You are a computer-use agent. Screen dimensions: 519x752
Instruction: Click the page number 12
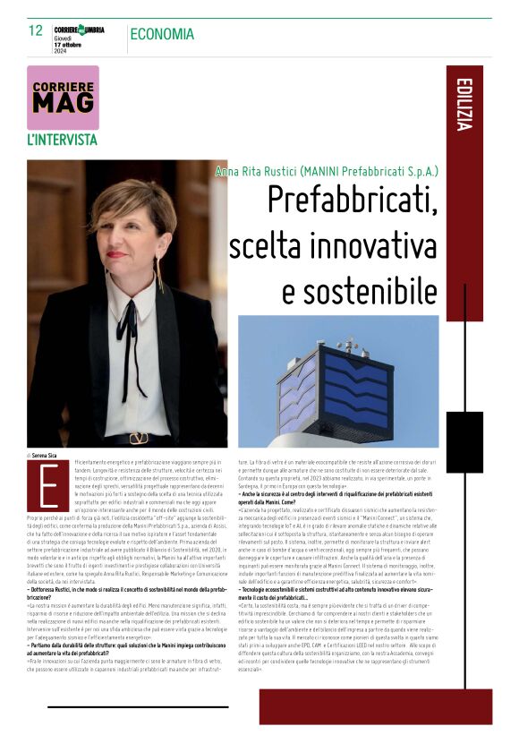[x=36, y=30]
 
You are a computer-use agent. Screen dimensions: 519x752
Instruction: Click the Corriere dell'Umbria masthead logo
[x=79, y=28]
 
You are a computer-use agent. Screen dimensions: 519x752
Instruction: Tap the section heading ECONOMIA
[x=162, y=34]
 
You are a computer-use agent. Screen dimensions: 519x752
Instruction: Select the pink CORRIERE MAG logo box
[x=63, y=97]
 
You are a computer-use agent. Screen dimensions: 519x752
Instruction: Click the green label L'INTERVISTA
[x=62, y=140]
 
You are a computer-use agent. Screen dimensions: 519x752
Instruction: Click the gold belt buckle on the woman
[x=137, y=438]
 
